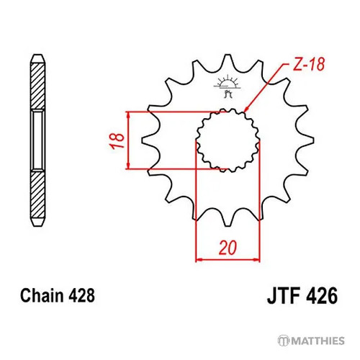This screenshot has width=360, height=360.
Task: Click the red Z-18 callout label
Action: coord(309,64)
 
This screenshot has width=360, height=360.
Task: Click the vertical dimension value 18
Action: coord(117,140)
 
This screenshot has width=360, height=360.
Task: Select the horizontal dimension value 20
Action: coord(228,248)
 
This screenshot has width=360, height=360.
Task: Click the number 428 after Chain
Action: coord(81,295)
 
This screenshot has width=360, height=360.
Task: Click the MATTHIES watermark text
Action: coord(318,341)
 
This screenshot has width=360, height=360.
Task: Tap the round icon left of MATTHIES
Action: coord(284,341)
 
